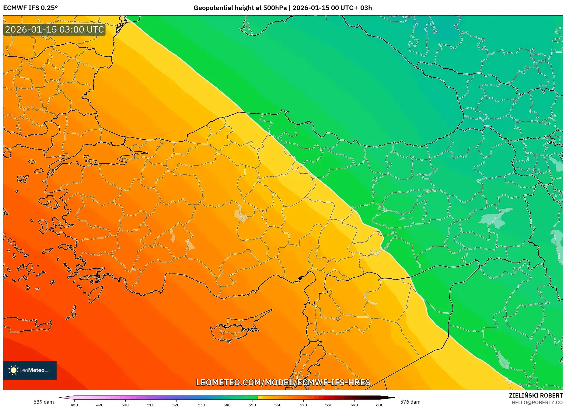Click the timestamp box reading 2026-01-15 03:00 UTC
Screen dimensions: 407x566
tap(54, 30)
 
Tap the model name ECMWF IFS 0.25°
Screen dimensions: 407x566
tap(30, 8)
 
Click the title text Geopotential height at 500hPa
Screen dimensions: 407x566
tap(240, 8)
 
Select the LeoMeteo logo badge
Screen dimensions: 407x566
tap(30, 370)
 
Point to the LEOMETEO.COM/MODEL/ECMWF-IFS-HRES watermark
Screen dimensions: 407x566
tap(283, 382)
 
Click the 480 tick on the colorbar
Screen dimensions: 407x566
tap(74, 405)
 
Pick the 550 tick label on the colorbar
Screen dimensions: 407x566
tap(252, 405)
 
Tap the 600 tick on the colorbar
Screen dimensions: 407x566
tap(379, 405)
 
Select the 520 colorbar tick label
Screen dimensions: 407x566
tap(176, 405)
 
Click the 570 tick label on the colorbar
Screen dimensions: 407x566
tap(303, 405)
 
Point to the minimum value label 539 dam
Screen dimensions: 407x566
tap(44, 402)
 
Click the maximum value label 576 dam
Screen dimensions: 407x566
tap(410, 402)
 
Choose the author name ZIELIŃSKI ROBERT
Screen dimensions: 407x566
tap(536, 395)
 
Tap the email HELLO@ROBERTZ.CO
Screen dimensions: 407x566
tap(537, 402)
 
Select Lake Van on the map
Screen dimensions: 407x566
tap(496, 217)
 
